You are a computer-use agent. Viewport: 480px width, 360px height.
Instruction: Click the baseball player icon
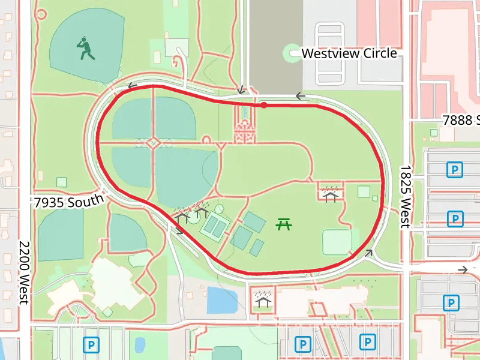pos(86,49)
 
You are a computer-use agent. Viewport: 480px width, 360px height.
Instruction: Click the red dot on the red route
pos(263,105)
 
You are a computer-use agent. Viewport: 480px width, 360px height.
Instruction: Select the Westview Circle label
pos(349,53)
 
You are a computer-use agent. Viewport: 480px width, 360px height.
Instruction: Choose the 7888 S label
pos(461,120)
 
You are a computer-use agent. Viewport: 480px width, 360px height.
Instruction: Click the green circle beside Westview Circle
pos(292,53)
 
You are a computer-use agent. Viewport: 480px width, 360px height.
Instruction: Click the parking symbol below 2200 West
pos(91,344)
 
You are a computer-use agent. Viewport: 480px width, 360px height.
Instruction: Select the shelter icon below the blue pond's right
pos(262,299)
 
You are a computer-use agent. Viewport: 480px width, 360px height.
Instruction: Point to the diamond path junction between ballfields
pos(154,143)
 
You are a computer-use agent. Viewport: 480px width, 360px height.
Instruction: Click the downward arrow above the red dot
pos(241,90)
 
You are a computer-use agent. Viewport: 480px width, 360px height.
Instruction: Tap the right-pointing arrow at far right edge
pos(463,270)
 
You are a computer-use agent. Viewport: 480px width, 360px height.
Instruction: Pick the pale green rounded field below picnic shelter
pos(337,242)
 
